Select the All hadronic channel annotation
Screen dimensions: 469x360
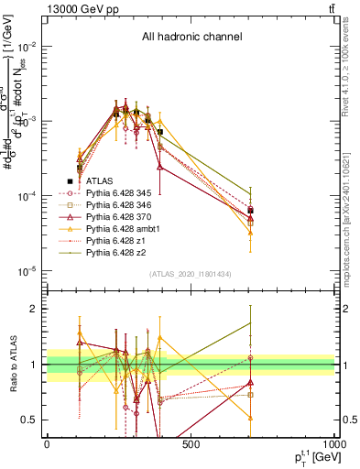tap(191, 38)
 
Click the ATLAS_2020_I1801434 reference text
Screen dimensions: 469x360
tap(191, 275)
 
